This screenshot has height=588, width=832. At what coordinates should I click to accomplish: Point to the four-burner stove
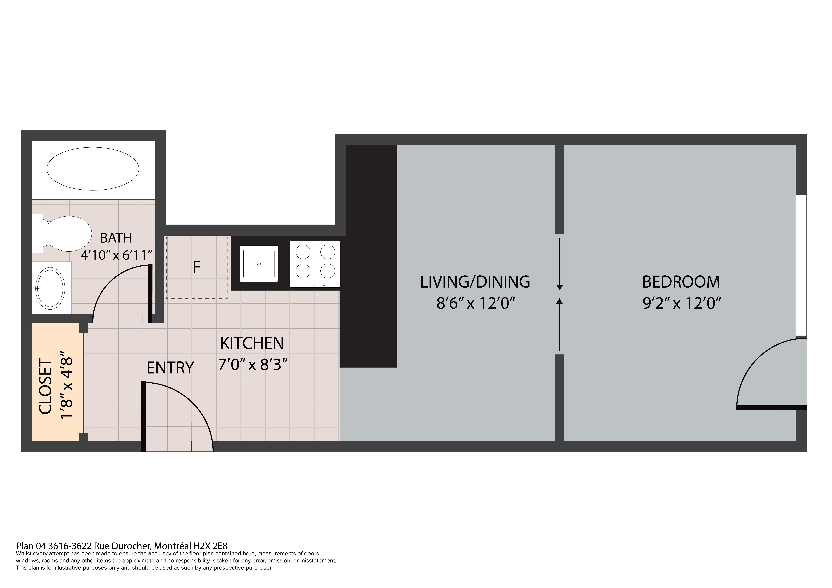click(315, 264)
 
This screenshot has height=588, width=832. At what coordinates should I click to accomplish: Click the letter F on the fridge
click(196, 267)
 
